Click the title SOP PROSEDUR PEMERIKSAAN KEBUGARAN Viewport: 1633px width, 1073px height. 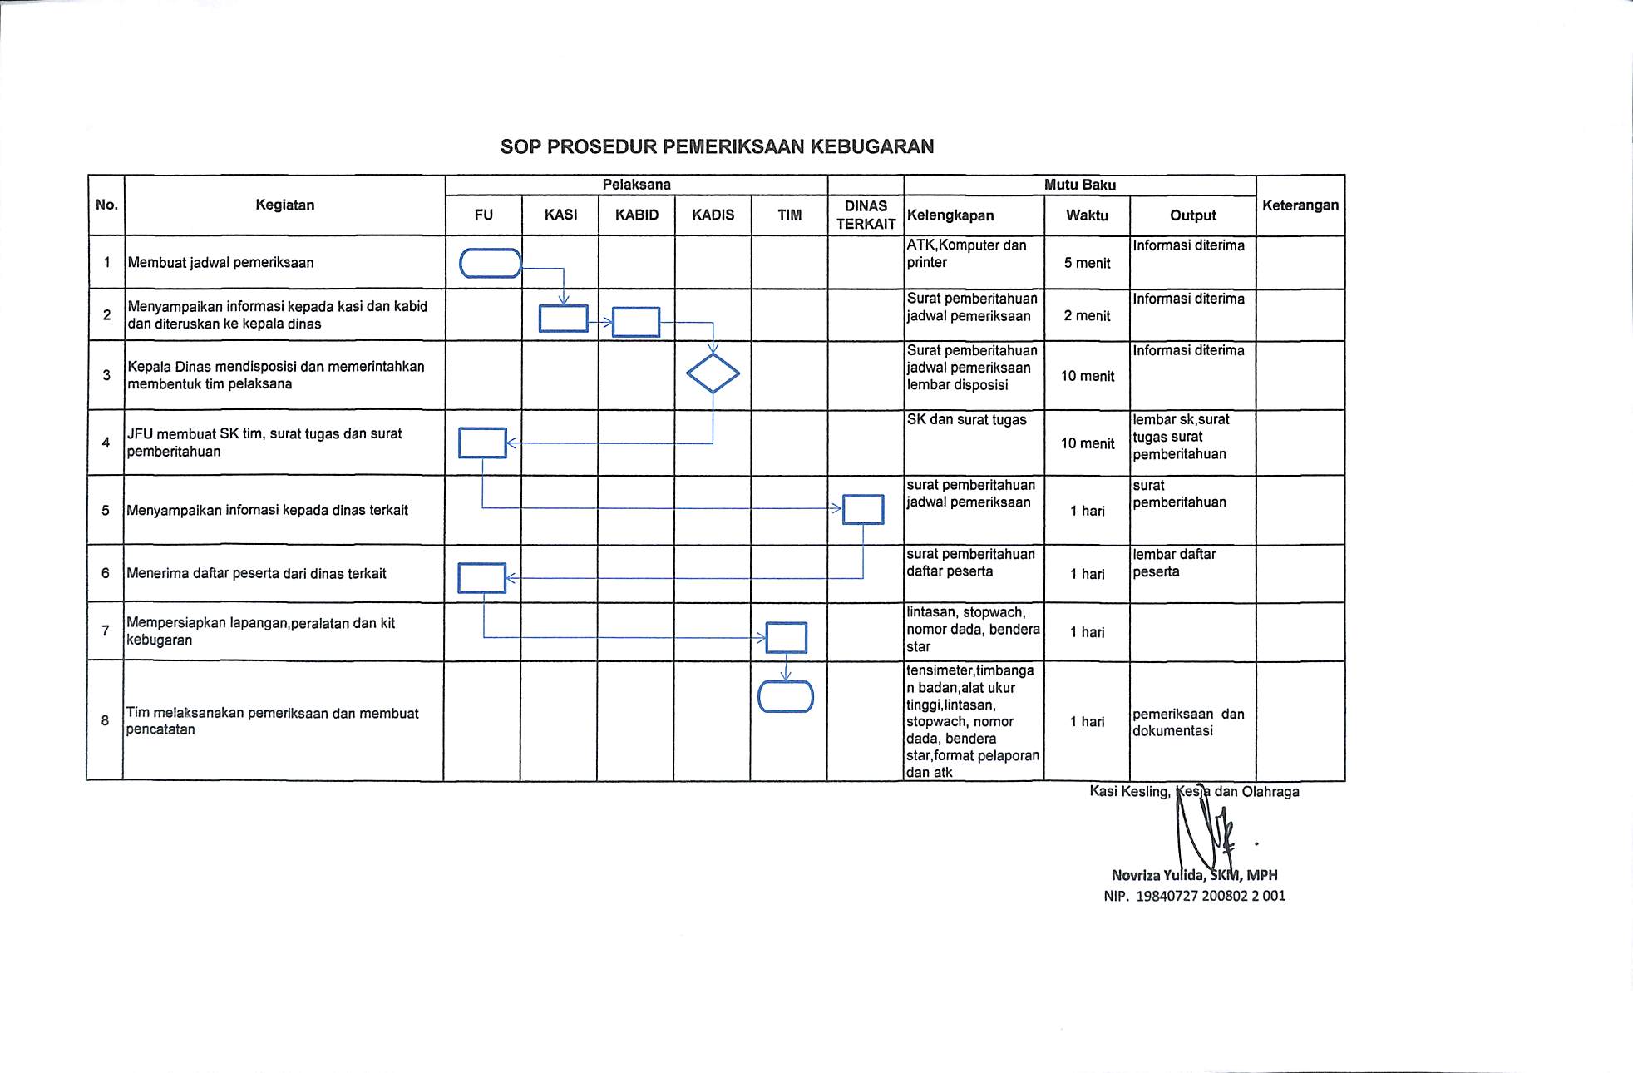717,147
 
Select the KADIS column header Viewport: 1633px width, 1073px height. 713,215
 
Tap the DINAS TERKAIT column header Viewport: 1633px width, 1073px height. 866,215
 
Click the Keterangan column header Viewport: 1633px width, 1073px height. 1300,205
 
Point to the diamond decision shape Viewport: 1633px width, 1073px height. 713,373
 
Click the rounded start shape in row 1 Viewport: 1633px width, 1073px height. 491,263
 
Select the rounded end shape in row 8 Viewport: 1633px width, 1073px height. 786,696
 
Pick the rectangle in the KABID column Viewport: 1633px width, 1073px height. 636,322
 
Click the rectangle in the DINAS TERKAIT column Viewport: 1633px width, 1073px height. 863,509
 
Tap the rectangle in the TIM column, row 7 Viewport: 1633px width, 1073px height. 786,638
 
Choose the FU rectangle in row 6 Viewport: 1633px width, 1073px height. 482,577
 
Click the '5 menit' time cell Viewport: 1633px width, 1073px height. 1087,264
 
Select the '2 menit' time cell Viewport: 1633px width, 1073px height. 1087,316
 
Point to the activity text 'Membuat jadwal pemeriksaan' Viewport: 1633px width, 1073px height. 220,263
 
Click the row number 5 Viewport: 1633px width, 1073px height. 106,510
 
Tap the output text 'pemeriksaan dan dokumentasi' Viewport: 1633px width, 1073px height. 1187,722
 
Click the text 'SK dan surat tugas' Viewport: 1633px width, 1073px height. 966,420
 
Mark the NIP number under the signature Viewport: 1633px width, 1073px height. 1194,896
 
